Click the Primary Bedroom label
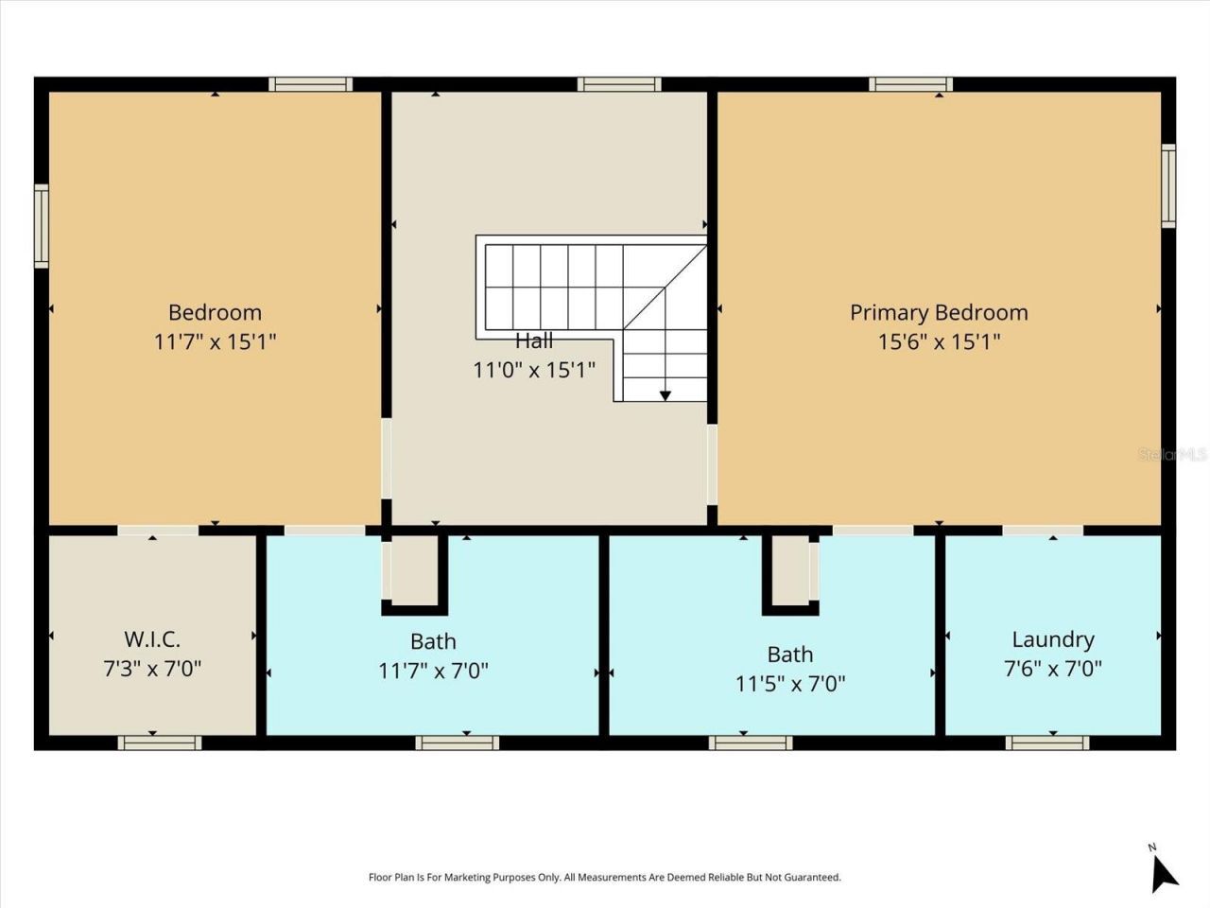pos(938,312)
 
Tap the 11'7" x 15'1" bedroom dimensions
pos(215,341)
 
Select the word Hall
pos(534,340)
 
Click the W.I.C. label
pos(152,639)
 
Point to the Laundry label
pos(1052,639)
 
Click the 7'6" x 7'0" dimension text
pos(1052,669)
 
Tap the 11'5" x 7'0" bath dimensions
pos(790,683)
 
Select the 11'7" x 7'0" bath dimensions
pos(433,671)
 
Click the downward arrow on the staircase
pos(665,393)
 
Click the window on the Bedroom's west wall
pos(42,225)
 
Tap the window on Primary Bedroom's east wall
pos(1168,185)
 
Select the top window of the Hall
pos(619,84)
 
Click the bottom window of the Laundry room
pos(1047,743)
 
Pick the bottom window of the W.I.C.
pos(159,743)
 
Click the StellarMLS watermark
pos(1172,455)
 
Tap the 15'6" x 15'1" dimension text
pos(938,341)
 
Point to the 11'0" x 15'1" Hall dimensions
pos(534,370)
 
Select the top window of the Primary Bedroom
pos(910,84)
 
